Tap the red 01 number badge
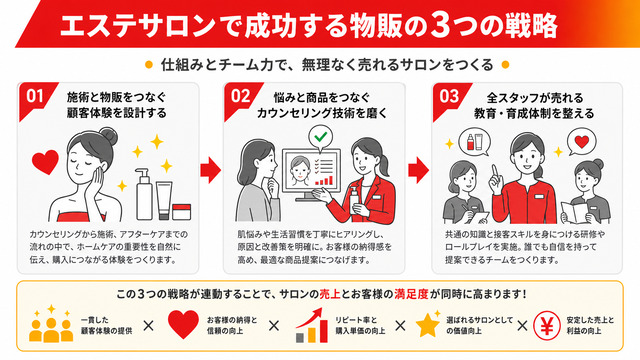(34, 98)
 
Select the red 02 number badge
(240, 98)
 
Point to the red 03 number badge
(449, 98)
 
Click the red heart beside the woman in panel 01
(45, 162)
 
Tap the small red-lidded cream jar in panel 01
(182, 212)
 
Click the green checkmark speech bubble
(321, 137)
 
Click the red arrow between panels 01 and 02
(210, 170)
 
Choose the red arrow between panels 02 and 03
(418, 170)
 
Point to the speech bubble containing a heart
(581, 142)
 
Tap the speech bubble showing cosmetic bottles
(475, 142)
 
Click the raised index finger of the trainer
(495, 172)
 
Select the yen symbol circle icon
(547, 326)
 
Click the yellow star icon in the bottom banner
(428, 325)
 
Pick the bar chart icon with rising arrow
(312, 325)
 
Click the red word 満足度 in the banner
(411, 294)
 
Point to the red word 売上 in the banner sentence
(330, 294)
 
